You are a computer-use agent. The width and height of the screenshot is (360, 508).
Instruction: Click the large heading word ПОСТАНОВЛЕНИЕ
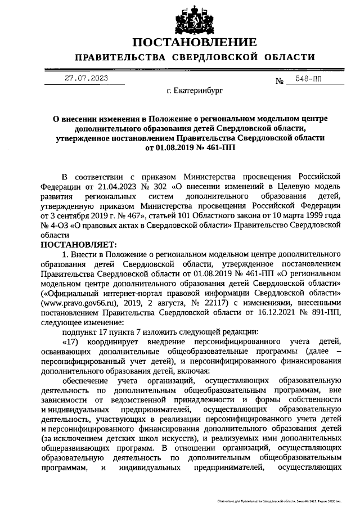tap(195, 43)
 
